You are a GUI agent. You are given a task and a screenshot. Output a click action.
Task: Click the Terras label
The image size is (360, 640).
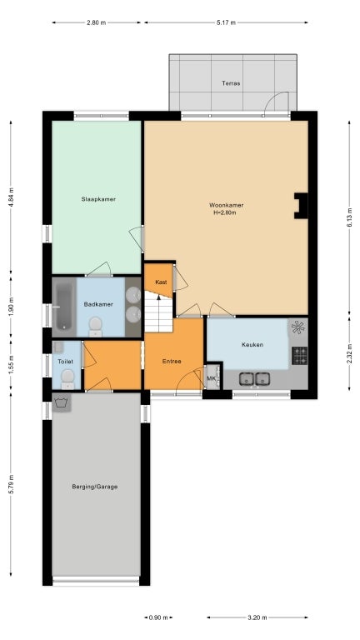coord(231,83)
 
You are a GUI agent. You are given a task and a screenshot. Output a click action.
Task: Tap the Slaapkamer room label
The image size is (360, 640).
coord(98,199)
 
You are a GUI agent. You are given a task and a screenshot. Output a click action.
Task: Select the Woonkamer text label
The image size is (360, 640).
coord(226,205)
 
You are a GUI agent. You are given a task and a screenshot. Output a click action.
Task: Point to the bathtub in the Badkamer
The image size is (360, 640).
coord(64,307)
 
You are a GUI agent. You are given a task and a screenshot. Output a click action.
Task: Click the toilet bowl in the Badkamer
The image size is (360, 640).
coord(96,327)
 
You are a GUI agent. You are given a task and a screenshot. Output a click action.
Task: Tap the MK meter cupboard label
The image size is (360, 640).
coord(211,378)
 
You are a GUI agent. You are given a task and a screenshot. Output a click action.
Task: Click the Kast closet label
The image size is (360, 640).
coord(161,282)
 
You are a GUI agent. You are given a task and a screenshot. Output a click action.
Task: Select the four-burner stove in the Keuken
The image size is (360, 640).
coord(300,356)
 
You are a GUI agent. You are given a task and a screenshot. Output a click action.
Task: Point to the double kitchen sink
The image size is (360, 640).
coord(254,379)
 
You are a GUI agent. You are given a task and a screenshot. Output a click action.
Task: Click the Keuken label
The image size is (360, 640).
coord(252,344)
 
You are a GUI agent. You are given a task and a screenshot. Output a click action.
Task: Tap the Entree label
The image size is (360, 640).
coord(172,361)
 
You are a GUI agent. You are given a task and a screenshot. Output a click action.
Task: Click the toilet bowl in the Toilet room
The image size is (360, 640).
coord(67,379)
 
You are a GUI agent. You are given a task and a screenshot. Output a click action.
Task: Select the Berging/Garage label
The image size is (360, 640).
coord(95,487)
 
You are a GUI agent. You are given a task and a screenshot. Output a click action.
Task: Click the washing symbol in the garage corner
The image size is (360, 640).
coord(62,402)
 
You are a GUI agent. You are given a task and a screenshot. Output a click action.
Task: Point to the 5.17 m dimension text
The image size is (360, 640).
coord(226,22)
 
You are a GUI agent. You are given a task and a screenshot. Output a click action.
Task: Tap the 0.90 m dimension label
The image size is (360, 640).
coord(158,617)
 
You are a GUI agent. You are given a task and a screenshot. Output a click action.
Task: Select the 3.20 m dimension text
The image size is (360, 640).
coord(257,617)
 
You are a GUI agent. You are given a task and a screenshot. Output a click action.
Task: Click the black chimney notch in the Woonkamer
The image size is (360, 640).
coord(301,206)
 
